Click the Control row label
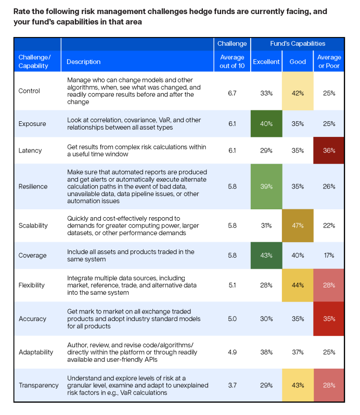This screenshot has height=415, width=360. pyautogui.click(x=29, y=91)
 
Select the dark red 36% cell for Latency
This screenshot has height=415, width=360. pyautogui.click(x=329, y=150)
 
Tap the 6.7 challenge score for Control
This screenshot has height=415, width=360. pyautogui.click(x=232, y=93)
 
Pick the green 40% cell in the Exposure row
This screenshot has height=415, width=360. pyautogui.click(x=266, y=123)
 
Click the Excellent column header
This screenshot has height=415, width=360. pyautogui.click(x=266, y=61)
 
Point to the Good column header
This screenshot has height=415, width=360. pyautogui.click(x=298, y=61)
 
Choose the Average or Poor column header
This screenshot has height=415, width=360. pyautogui.click(x=329, y=61)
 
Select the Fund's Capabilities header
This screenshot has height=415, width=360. pyautogui.click(x=298, y=43)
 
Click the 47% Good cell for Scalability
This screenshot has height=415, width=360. pyautogui.click(x=298, y=225)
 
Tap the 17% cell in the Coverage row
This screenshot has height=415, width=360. pyautogui.click(x=329, y=256)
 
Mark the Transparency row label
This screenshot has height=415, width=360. pyautogui.click(x=38, y=385)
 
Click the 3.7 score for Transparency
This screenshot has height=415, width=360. pyautogui.click(x=232, y=385)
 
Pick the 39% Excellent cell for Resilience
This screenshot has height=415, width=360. pyautogui.click(x=266, y=186)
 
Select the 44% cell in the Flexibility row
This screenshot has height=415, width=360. pyautogui.click(x=298, y=285)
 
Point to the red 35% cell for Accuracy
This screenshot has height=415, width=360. pyautogui.click(x=329, y=319)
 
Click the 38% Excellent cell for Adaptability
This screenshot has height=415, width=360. pyautogui.click(x=266, y=352)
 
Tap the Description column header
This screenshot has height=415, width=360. pyautogui.click(x=84, y=61)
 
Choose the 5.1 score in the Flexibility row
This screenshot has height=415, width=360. pyautogui.click(x=232, y=285)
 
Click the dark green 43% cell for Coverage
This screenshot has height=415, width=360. pyautogui.click(x=266, y=256)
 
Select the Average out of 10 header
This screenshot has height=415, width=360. pyautogui.click(x=232, y=61)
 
